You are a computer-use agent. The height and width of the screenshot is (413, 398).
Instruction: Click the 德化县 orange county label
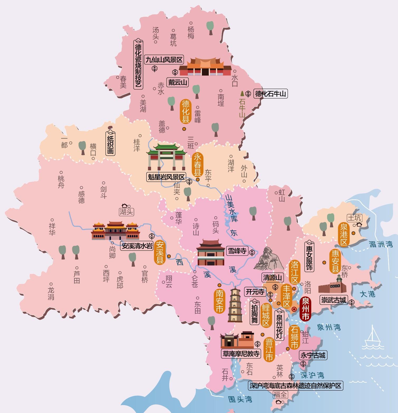pyautogui.click(x=186, y=111)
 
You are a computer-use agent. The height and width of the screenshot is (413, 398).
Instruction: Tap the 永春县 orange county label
pyautogui.click(x=198, y=165)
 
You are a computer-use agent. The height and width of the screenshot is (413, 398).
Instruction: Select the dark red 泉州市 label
pyautogui.click(x=305, y=309)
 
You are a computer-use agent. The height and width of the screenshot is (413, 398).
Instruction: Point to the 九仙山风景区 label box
pyautogui.click(x=164, y=60)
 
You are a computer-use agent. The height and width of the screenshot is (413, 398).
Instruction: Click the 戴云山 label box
pyautogui.click(x=177, y=82)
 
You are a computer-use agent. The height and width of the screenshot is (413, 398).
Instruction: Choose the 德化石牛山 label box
pyautogui.click(x=270, y=94)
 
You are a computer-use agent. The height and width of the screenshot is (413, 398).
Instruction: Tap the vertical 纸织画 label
pyautogui.click(x=110, y=144)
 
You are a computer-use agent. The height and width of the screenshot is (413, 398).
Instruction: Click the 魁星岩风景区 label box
pyautogui.click(x=166, y=177)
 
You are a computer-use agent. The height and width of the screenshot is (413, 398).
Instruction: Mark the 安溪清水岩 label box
pyautogui.click(x=137, y=246)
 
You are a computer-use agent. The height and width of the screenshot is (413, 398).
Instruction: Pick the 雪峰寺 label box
pyautogui.click(x=237, y=251)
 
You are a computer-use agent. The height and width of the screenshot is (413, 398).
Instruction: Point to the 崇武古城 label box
pyautogui.click(x=333, y=300)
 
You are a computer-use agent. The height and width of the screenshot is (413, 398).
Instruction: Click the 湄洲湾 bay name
pyautogui.click(x=381, y=244)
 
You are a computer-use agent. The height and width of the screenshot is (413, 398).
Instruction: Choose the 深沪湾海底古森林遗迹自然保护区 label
pyautogui.click(x=295, y=386)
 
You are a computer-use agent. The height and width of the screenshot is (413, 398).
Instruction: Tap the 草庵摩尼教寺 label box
pyautogui.click(x=241, y=354)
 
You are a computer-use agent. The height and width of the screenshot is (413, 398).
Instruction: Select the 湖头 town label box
pyautogui.click(x=127, y=212)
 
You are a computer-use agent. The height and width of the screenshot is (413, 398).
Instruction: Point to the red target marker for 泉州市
pyautogui.click(x=294, y=310)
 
